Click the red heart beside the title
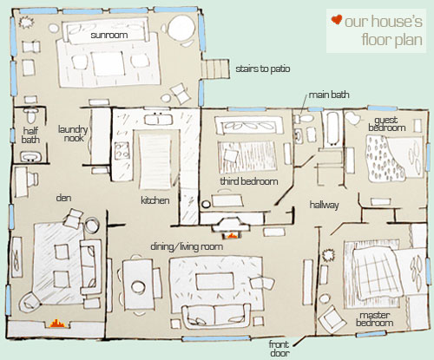337,20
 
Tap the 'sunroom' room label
109,36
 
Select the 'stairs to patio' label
263,69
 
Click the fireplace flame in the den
57,324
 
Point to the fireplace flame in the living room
232,236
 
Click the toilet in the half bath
30,115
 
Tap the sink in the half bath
30,157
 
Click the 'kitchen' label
155,200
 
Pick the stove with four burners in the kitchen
122,150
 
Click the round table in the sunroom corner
182,28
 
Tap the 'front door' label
279,349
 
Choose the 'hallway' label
324,205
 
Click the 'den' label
63,198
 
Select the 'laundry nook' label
73,134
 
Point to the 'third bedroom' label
249,181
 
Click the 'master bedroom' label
375,319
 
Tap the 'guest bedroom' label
386,124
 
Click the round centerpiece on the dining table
138,287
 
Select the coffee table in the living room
215,281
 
